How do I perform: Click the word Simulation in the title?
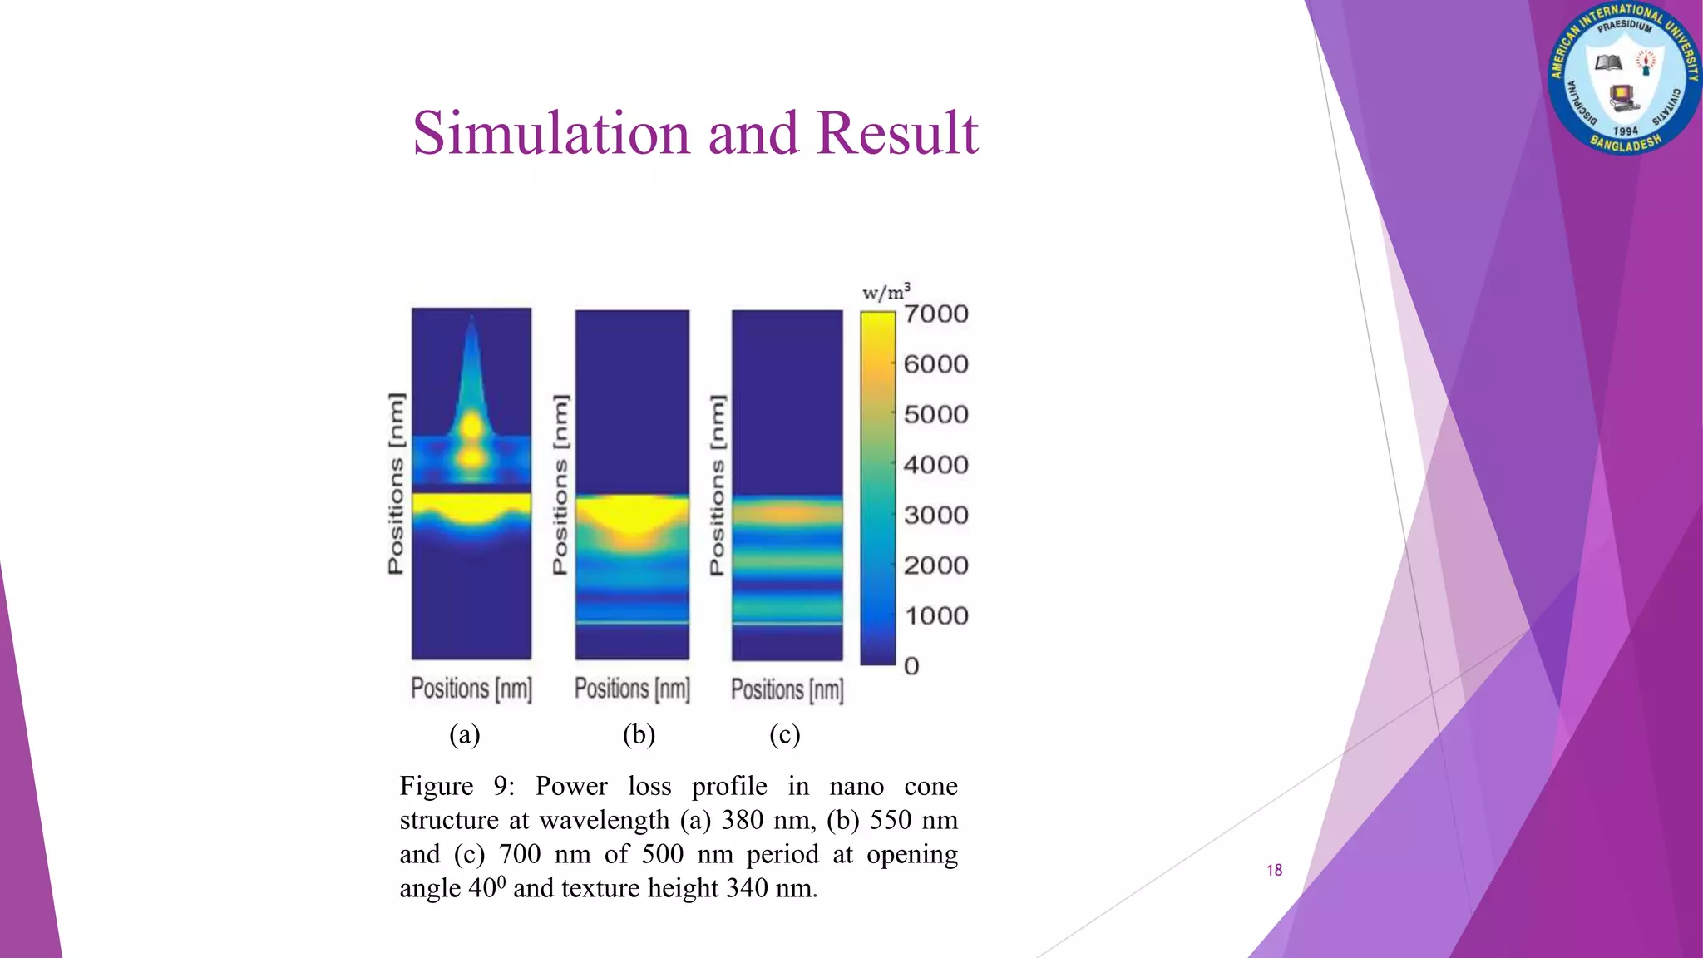[x=551, y=133]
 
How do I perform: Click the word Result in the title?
[x=897, y=133]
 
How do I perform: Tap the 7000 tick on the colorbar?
[x=936, y=314]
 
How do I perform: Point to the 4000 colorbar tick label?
[x=936, y=465]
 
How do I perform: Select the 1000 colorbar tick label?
[x=936, y=616]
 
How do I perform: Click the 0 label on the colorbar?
[x=911, y=666]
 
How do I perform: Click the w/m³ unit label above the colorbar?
[x=886, y=292]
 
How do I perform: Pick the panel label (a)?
[x=465, y=734]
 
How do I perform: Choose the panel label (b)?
[x=639, y=734]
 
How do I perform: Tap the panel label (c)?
[x=785, y=734]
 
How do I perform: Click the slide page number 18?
[x=1274, y=870]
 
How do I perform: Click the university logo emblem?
[x=1624, y=79]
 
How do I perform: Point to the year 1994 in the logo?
[x=1625, y=131]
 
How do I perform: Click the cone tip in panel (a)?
[x=471, y=320]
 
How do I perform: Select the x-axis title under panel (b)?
[x=632, y=689]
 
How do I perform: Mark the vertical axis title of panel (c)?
[x=717, y=484]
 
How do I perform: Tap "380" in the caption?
[x=742, y=820]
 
